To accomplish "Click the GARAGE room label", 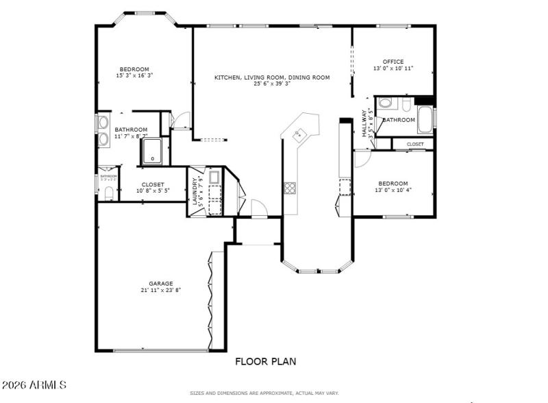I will pos(161,283).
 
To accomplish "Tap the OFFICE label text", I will pos(393,62).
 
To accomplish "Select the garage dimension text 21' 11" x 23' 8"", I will pos(161,290).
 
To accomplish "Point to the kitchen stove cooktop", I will pos(290,187).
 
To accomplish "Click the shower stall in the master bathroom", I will pos(154,151).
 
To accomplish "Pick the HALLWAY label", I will pos(364,123).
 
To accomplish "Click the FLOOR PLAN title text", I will pos(266,361).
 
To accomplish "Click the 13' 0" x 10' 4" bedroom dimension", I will pos(393,190).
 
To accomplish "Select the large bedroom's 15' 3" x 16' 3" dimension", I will pos(134,75).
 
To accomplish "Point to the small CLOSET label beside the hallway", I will pos(415,144).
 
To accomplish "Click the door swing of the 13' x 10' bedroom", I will pos(362,159).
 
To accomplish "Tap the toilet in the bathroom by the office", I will pos(385,104).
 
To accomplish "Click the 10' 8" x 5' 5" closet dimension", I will pos(153,191).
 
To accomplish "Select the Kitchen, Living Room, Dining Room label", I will pos(272,77).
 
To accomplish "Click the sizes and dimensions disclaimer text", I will pos(264,393).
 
